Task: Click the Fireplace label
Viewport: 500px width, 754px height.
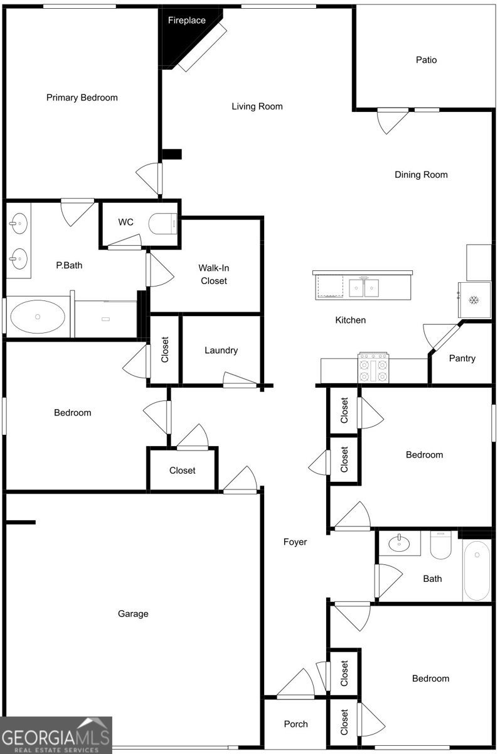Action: pyautogui.click(x=186, y=21)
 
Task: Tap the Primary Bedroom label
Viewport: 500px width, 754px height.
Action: pyautogui.click(x=82, y=97)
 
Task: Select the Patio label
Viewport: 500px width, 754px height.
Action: pyautogui.click(x=426, y=60)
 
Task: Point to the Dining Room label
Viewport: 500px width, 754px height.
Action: pyautogui.click(x=421, y=175)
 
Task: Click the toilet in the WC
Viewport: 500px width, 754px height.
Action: pyautogui.click(x=162, y=224)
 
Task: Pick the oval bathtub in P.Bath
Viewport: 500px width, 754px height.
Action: pyautogui.click(x=38, y=317)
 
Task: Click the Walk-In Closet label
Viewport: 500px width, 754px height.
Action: pyautogui.click(x=214, y=275)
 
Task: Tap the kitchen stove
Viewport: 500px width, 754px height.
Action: pyautogui.click(x=373, y=367)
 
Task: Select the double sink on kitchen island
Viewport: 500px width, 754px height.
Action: pyautogui.click(x=364, y=288)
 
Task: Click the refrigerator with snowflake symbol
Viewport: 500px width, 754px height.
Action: pyautogui.click(x=474, y=300)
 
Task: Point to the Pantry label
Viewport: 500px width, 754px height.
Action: pyautogui.click(x=462, y=359)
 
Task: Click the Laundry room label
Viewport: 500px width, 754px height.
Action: pyautogui.click(x=221, y=351)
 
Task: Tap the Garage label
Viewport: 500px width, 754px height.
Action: pyautogui.click(x=133, y=614)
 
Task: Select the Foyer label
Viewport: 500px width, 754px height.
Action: pyautogui.click(x=295, y=542)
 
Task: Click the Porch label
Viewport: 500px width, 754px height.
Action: pyautogui.click(x=295, y=724)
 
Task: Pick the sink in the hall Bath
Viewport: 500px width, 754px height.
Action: pyautogui.click(x=399, y=543)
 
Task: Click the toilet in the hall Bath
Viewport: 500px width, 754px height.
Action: pyautogui.click(x=441, y=545)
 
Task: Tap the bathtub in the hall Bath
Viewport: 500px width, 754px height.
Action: pyautogui.click(x=477, y=570)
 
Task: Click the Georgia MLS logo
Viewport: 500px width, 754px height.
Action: pyautogui.click(x=56, y=735)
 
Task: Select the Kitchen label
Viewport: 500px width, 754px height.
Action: pyautogui.click(x=351, y=320)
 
